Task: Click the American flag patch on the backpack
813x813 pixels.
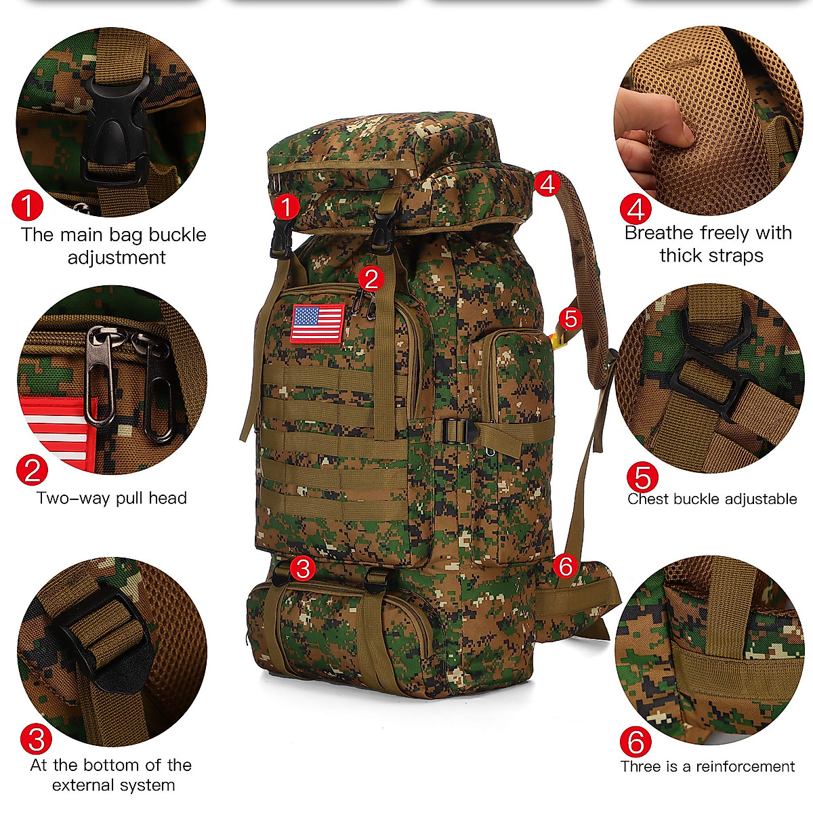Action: pyautogui.click(x=318, y=323)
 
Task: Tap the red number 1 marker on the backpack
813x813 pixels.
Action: pyautogui.click(x=287, y=207)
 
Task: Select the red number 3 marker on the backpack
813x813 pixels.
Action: pyautogui.click(x=303, y=568)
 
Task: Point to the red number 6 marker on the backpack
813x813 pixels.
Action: pyautogui.click(x=566, y=566)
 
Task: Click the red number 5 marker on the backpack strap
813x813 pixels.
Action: pyautogui.click(x=571, y=318)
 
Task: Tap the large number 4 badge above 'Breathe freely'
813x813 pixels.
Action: pyautogui.click(x=635, y=209)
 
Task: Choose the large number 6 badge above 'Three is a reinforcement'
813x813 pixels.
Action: pyautogui.click(x=635, y=743)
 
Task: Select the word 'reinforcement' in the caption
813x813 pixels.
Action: pyautogui.click(x=745, y=767)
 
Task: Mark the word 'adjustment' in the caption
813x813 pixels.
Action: pyautogui.click(x=117, y=257)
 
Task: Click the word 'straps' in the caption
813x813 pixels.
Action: pyautogui.click(x=734, y=255)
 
